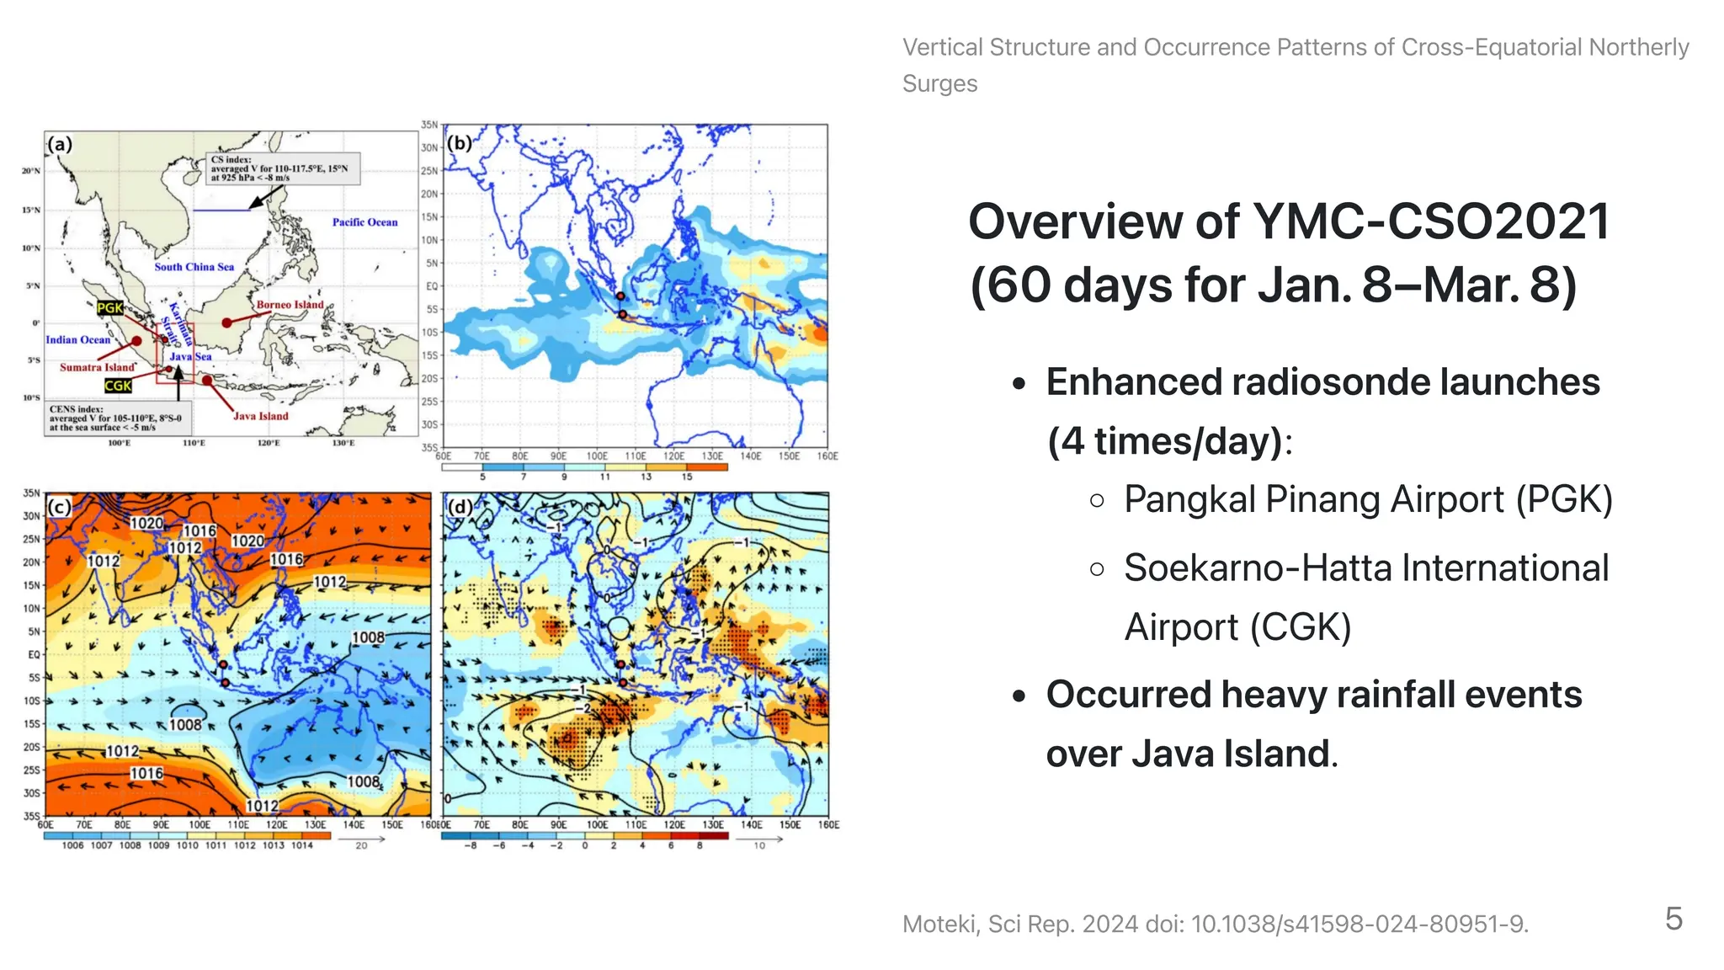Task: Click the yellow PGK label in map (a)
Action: (x=109, y=308)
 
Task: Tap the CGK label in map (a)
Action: (x=118, y=386)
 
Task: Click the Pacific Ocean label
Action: (x=364, y=222)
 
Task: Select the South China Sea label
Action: (x=194, y=267)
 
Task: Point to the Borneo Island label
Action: (x=290, y=305)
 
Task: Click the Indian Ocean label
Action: (x=77, y=340)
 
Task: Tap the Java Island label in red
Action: (x=260, y=416)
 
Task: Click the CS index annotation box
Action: (x=283, y=168)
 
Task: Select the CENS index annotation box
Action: (x=117, y=418)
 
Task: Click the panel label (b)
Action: (x=460, y=143)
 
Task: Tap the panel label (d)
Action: (x=460, y=507)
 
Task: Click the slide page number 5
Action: (x=1673, y=919)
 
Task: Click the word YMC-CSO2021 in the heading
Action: (x=1431, y=222)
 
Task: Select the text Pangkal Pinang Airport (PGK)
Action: (x=1368, y=499)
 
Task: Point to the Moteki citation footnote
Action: (x=1215, y=925)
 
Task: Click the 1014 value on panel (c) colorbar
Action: (x=302, y=845)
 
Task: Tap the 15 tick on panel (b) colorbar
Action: (x=687, y=477)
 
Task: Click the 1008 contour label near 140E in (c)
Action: (x=368, y=638)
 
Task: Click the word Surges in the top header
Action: (x=939, y=84)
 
